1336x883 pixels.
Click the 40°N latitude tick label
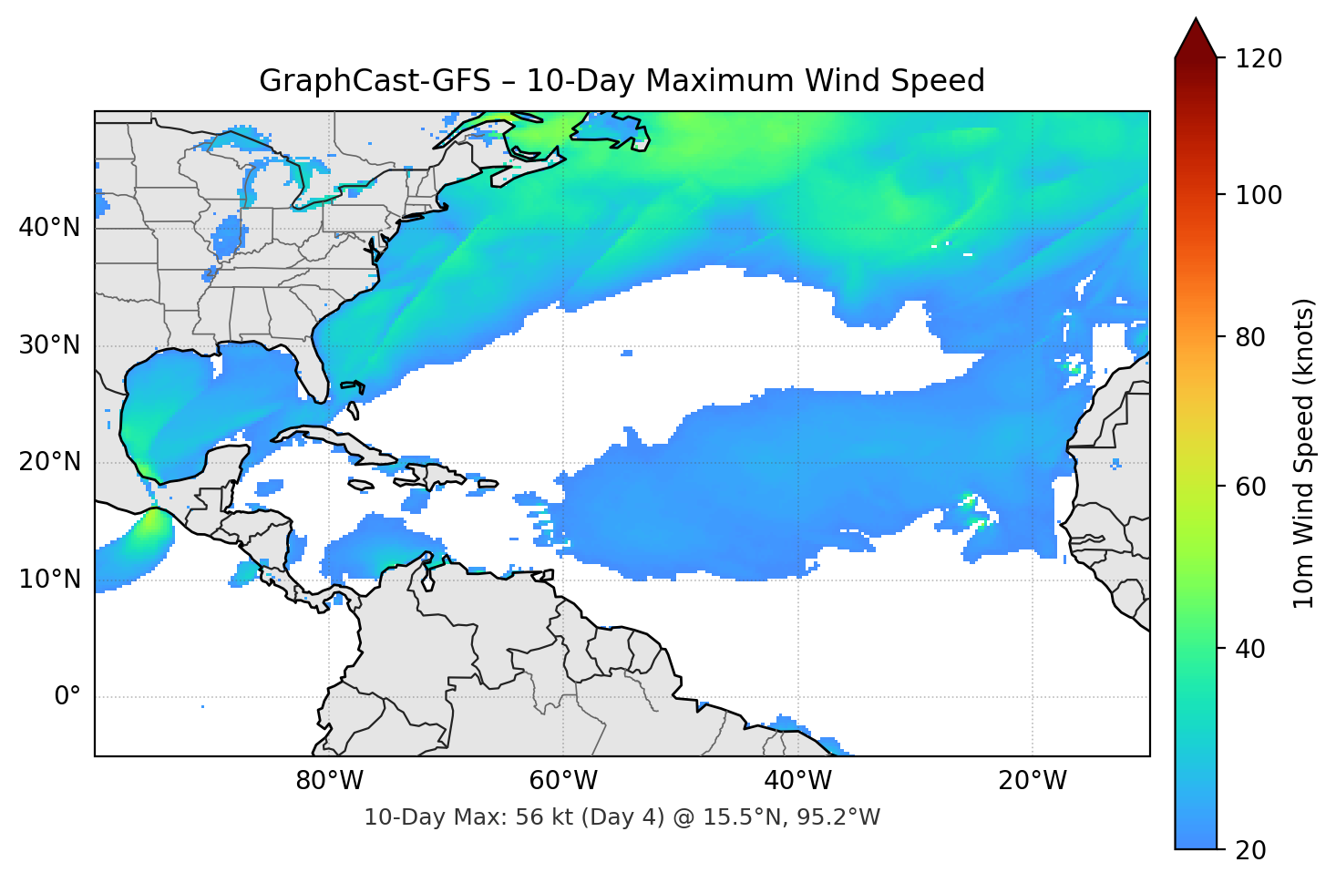[x=49, y=227]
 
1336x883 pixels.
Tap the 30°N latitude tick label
[x=49, y=345]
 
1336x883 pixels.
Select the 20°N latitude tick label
[x=49, y=462]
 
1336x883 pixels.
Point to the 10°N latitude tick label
[x=49, y=580]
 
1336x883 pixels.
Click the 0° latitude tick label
[x=67, y=697]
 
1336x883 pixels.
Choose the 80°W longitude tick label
[x=329, y=781]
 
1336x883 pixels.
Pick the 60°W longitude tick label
[x=563, y=781]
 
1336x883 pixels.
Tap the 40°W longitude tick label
[x=797, y=781]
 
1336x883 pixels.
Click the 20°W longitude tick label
[x=1032, y=781]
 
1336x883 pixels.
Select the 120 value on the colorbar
[x=1259, y=59]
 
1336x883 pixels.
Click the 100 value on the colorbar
[x=1259, y=195]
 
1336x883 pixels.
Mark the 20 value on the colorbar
[x=1250, y=850]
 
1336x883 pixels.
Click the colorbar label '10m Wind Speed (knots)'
[x=1304, y=454]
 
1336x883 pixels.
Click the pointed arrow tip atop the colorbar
[x=1196, y=22]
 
